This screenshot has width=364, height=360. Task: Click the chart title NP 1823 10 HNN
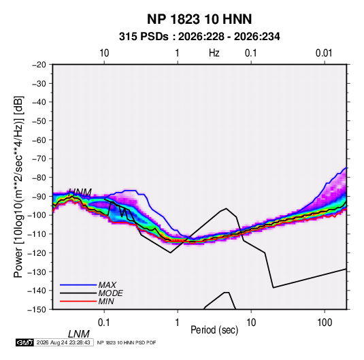(199, 19)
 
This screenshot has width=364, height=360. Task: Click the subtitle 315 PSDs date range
(199, 37)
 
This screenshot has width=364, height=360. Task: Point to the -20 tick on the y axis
(39, 65)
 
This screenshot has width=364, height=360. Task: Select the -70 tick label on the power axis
(39, 159)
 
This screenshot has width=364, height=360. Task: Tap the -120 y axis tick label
(37, 253)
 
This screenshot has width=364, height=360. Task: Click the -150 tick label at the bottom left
(37, 310)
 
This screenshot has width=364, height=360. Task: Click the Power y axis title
(18, 186)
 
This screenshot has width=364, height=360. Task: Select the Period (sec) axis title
(214, 330)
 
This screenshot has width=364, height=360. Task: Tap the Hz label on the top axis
(214, 53)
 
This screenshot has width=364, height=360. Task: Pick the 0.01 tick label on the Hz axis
(324, 53)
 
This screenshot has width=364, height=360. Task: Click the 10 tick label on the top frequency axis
(104, 53)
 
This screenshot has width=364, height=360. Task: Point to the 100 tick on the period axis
(325, 323)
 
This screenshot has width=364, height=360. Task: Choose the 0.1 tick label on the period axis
(104, 323)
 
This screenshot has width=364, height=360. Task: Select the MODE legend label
(110, 293)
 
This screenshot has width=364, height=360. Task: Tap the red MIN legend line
(78, 301)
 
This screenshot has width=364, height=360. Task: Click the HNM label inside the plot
(80, 193)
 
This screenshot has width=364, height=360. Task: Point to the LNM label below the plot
(79, 334)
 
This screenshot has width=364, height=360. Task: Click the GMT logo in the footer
(25, 342)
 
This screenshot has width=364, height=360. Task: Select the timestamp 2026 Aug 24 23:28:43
(63, 342)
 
